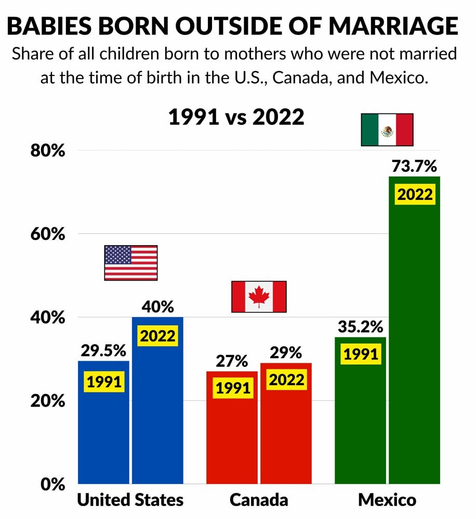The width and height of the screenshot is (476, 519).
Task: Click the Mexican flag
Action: (x=387, y=130)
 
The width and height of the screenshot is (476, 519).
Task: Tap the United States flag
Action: (x=130, y=263)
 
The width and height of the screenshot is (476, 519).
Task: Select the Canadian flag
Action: (x=259, y=297)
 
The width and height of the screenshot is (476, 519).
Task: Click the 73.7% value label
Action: (x=414, y=167)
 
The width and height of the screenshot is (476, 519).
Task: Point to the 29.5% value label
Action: (x=104, y=351)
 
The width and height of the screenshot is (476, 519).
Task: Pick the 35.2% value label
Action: (x=360, y=327)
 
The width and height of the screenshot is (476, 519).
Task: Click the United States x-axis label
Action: (x=130, y=500)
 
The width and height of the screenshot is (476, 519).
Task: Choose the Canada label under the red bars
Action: (x=259, y=500)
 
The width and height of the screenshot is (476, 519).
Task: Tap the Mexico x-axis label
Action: (x=387, y=500)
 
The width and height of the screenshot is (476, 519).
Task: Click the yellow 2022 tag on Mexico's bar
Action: (x=415, y=194)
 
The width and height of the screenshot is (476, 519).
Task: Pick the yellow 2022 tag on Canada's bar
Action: (x=286, y=380)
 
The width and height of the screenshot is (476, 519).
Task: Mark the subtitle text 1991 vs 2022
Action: (x=236, y=117)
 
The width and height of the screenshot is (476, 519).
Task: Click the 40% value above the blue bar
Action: (x=158, y=307)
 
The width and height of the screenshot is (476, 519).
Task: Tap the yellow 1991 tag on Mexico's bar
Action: (x=361, y=355)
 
